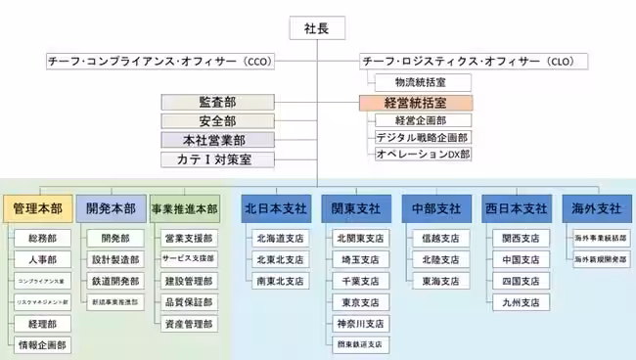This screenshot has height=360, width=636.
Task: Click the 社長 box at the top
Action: tap(318, 28)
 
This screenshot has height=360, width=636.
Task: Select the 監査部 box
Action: tap(216, 102)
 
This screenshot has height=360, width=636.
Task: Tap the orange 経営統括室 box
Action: tap(416, 102)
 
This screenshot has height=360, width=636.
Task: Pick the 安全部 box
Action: tap(216, 121)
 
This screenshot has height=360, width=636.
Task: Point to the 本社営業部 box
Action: tap(216, 140)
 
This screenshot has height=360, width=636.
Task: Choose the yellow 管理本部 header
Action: tap(38, 208)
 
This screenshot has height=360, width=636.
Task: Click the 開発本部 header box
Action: tap(109, 208)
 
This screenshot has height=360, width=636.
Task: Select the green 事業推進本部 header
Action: tap(183, 208)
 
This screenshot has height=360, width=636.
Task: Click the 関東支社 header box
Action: tap(355, 208)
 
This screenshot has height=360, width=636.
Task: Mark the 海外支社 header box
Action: tap(594, 208)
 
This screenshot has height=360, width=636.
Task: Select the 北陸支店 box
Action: tap(438, 259)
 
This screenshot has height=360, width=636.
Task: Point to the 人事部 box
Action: tap(42, 259)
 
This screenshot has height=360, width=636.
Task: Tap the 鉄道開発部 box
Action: tap(113, 281)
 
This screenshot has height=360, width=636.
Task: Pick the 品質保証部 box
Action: tap(188, 301)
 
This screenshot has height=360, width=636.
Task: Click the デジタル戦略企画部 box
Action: tap(423, 137)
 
